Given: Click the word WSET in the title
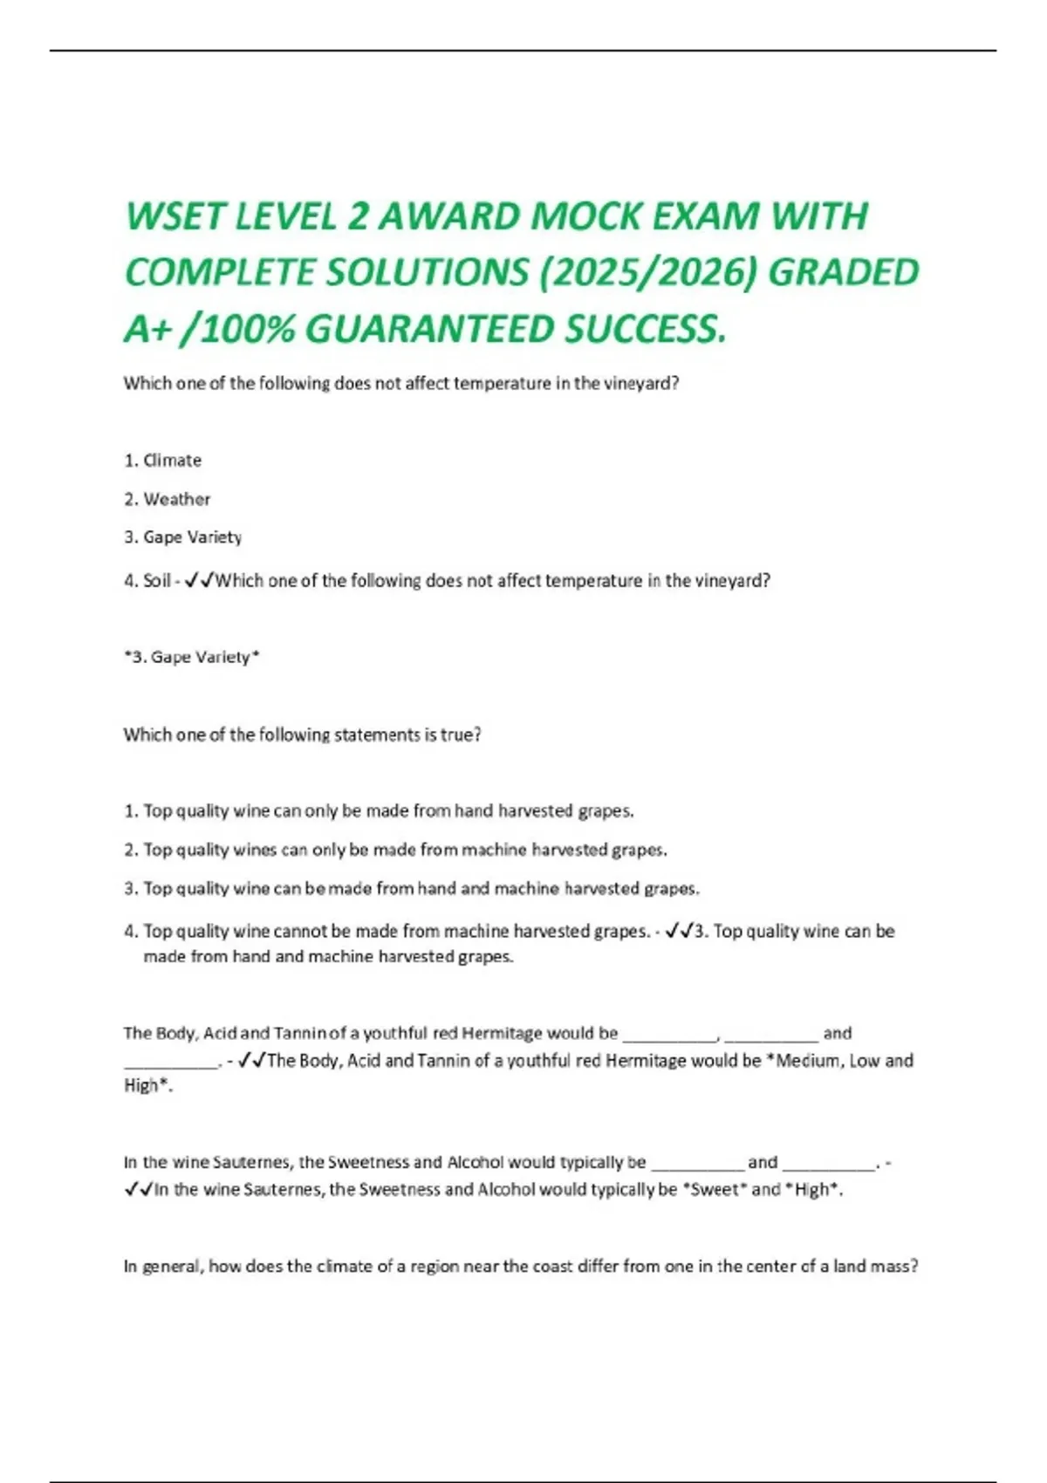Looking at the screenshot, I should pos(174,216).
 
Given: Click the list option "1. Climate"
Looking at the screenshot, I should pos(163,460).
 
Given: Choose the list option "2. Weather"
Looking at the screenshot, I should pos(168,499).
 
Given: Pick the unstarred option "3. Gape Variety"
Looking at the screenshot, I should pos(183,537).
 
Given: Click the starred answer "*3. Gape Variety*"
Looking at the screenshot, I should pos(192,657).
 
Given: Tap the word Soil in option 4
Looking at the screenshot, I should pos(157,581).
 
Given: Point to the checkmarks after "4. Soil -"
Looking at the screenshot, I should pos(200,581).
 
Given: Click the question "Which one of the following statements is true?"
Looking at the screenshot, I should pos(302,735).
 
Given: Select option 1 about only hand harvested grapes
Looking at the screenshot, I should pos(379,811).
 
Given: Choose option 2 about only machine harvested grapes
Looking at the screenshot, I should pos(395,850).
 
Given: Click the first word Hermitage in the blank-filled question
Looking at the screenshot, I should pos(501,1034).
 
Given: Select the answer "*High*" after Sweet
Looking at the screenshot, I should pos(814,1190).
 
